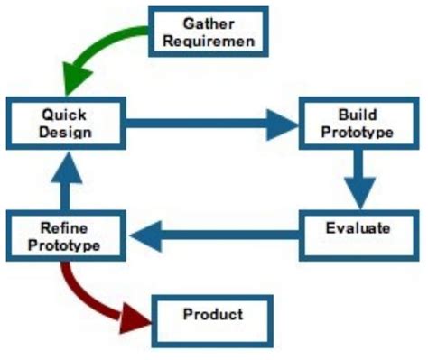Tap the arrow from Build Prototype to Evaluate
point(359,180)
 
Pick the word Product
point(213,315)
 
